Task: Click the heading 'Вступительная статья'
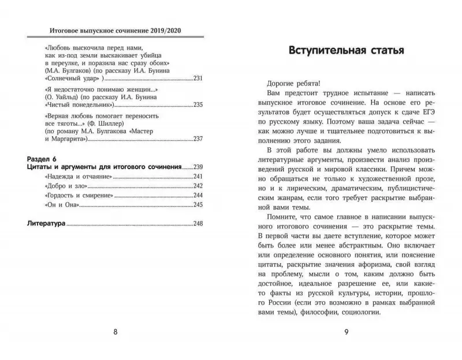coord(346,50)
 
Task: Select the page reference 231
coord(198,77)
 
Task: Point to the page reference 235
coord(198,105)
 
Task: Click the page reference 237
coord(198,139)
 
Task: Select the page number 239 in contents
coord(198,167)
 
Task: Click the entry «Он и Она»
coord(58,205)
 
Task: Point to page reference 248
coord(198,224)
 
